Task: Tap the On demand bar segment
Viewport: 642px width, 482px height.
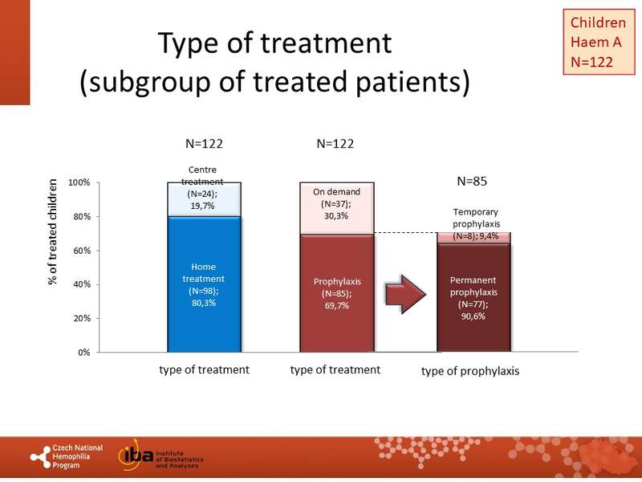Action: (x=337, y=207)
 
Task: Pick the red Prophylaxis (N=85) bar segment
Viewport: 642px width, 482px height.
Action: (x=337, y=293)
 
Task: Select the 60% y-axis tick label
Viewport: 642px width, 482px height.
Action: (x=79, y=251)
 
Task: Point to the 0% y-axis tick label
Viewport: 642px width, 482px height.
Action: (x=83, y=352)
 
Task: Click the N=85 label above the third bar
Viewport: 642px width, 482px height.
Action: (x=473, y=182)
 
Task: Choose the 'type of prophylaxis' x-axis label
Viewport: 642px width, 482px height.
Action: (x=470, y=371)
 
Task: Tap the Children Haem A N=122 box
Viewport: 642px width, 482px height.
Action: (x=597, y=41)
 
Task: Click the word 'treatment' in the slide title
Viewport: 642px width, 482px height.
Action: (x=333, y=43)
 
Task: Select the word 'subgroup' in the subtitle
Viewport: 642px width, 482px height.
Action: (x=144, y=83)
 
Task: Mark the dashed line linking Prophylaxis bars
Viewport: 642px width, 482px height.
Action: (x=406, y=233)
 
